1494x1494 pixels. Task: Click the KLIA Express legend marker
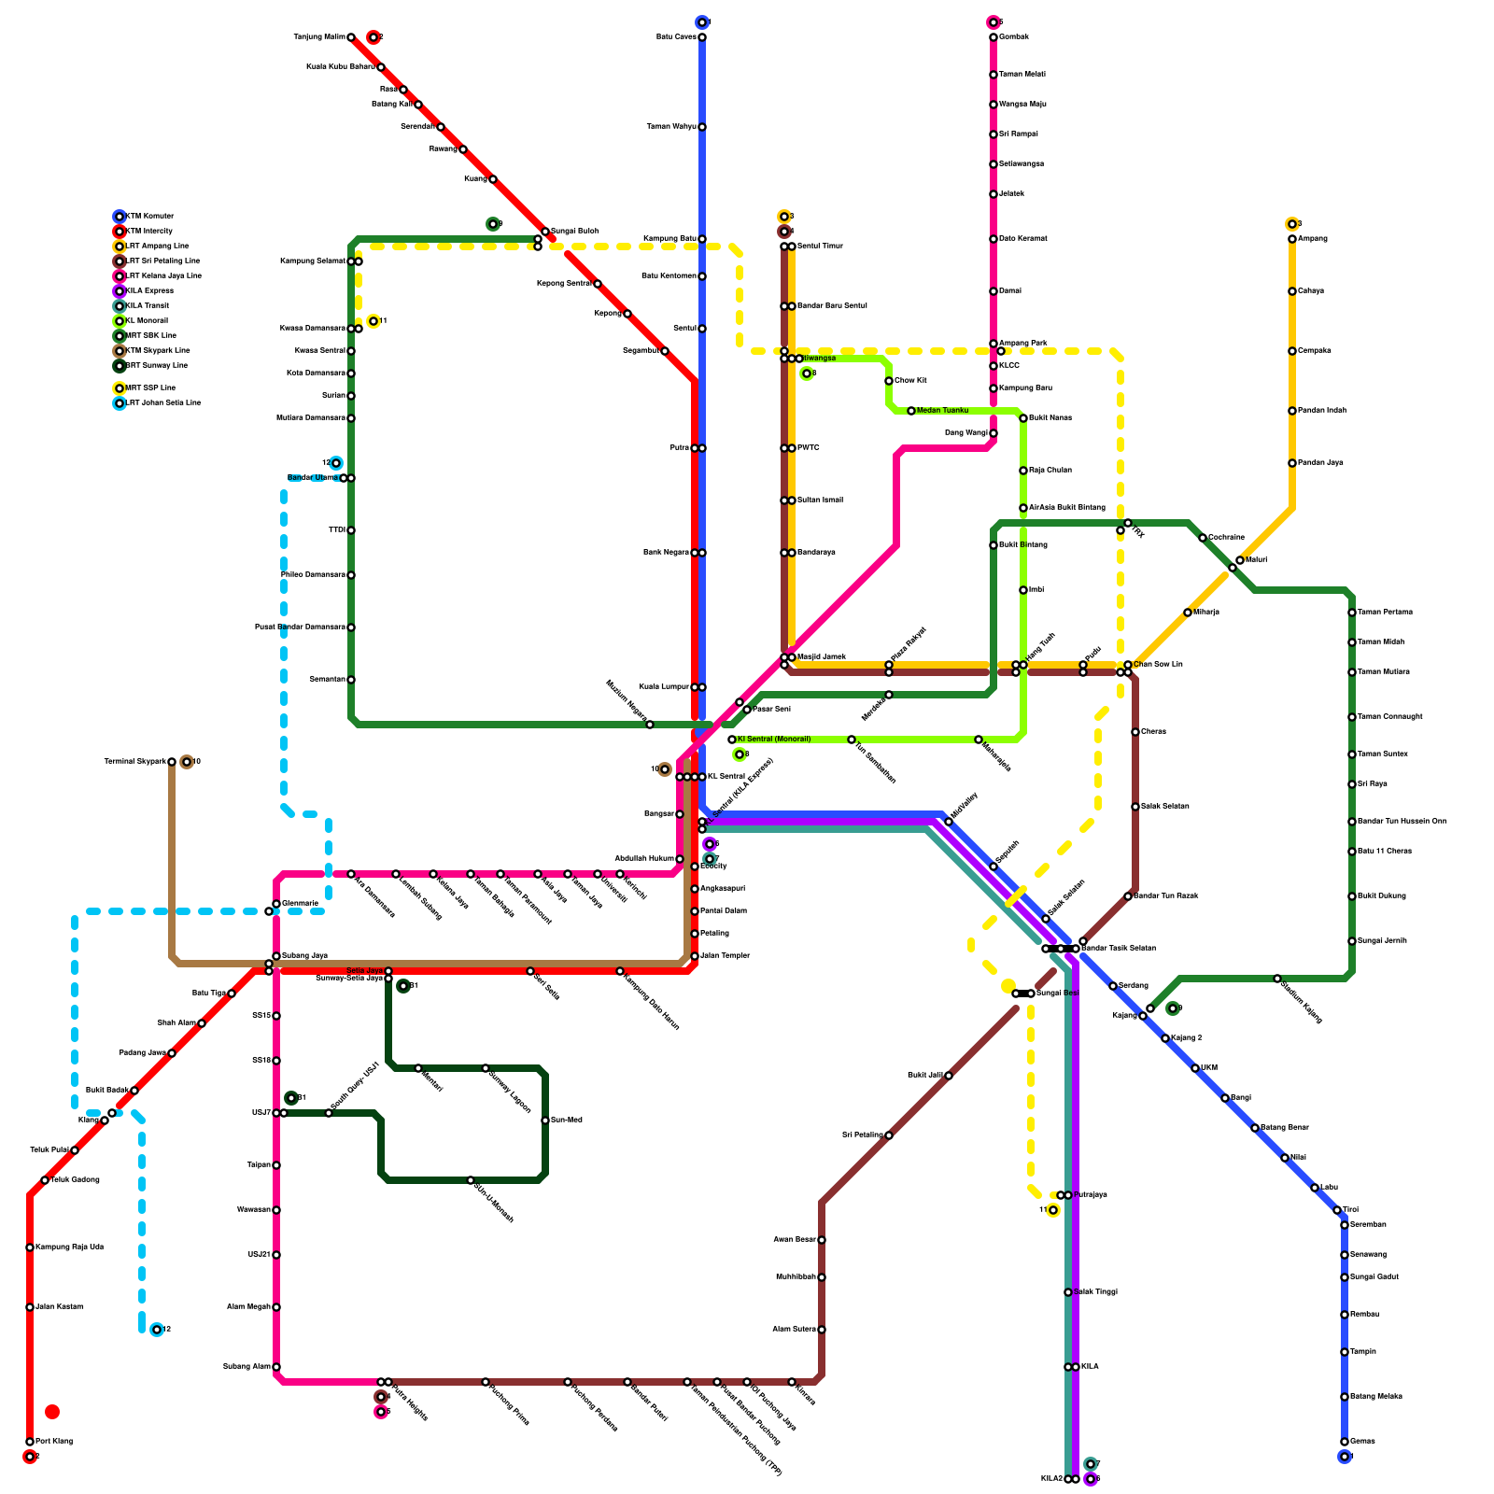coord(120,291)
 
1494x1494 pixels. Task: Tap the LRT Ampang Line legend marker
coord(120,247)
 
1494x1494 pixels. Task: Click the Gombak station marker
coord(994,37)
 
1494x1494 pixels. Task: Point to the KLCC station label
coord(1009,366)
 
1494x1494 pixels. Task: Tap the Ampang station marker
coord(1292,239)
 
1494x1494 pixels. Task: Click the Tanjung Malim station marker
coord(351,37)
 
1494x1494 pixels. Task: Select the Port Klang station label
coord(54,1442)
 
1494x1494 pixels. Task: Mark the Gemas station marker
coord(1345,1442)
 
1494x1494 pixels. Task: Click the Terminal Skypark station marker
coord(172,762)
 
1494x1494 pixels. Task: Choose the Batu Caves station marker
coord(702,37)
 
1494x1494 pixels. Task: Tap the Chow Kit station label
coord(910,381)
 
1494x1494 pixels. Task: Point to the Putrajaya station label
coord(1090,1195)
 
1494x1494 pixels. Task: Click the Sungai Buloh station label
coord(574,232)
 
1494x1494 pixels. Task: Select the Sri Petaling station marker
coord(889,1135)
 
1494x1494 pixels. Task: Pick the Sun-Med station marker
coord(545,1120)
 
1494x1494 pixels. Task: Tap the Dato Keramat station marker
coord(994,239)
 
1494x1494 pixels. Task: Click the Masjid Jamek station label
coord(822,657)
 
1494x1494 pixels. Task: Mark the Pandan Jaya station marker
coord(1292,463)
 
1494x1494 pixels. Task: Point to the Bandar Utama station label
coord(312,478)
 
